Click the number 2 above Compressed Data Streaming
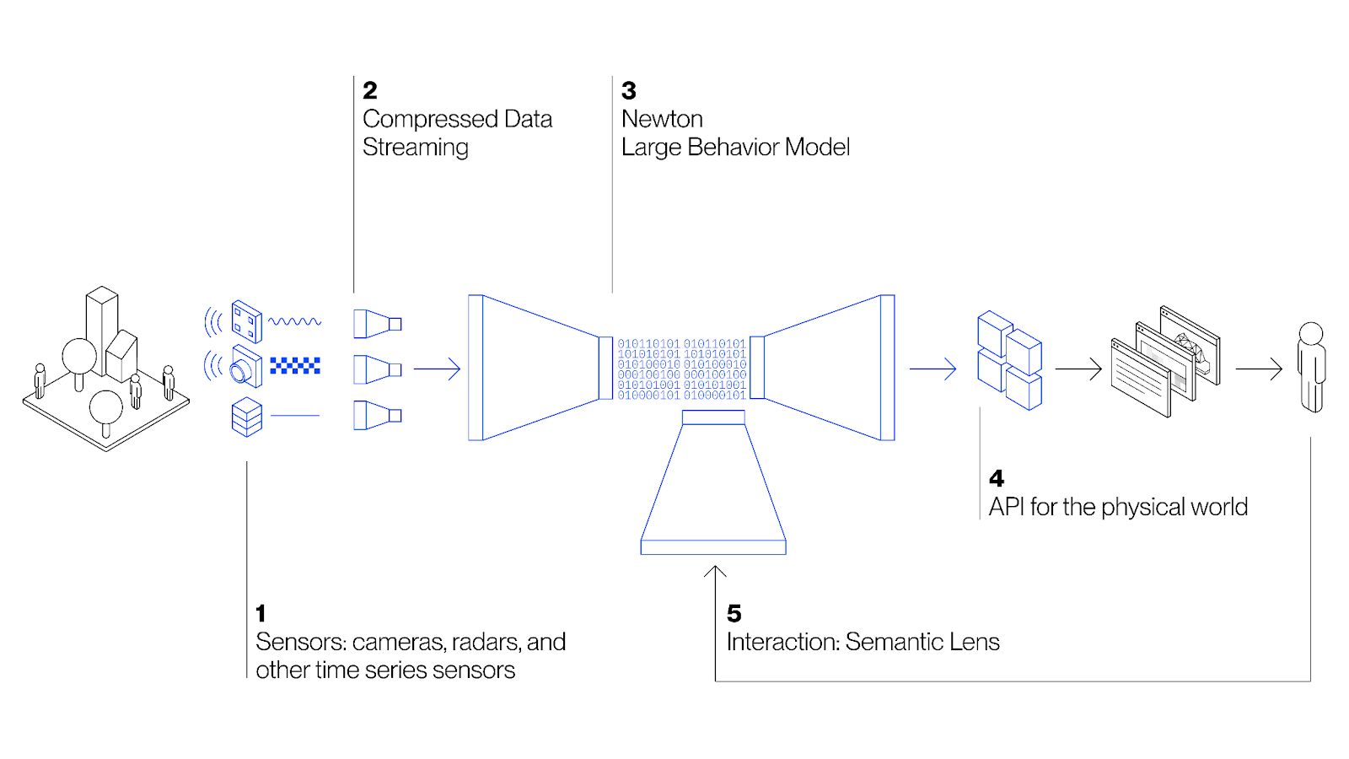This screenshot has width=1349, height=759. (370, 90)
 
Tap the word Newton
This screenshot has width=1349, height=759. (662, 119)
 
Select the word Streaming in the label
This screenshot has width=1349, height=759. (415, 148)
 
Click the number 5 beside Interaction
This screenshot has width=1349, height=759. (734, 614)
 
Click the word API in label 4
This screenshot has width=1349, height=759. (1006, 507)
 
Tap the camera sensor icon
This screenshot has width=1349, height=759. (245, 368)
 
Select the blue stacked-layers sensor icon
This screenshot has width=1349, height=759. (246, 417)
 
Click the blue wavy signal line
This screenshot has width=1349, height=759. (294, 321)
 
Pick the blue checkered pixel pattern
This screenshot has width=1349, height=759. (295, 366)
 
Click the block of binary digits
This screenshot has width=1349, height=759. (681, 369)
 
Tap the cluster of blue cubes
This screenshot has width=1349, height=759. (1009, 361)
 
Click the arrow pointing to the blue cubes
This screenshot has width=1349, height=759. (933, 369)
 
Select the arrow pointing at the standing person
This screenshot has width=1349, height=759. (1259, 369)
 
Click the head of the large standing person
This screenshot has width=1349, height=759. (1311, 332)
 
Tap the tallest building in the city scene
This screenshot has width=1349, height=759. (101, 325)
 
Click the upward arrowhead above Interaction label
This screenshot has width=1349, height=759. (715, 572)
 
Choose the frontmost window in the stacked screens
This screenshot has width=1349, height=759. (1140, 379)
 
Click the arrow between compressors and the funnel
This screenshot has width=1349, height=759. (437, 369)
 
